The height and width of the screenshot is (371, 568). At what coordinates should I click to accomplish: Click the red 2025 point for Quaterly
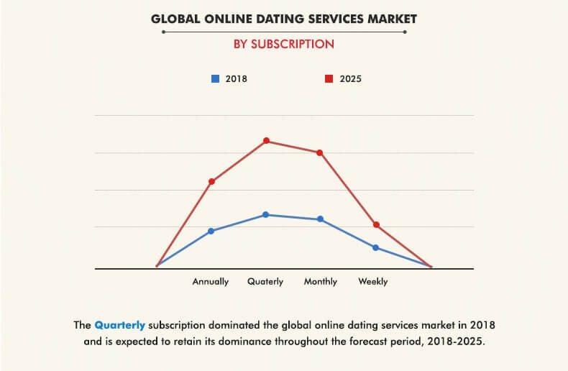[266, 141]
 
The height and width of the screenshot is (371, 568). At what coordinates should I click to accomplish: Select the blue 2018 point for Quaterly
[266, 214]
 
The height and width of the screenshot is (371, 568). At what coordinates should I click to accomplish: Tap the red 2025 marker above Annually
[211, 181]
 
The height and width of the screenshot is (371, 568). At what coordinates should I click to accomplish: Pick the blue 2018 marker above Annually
[211, 231]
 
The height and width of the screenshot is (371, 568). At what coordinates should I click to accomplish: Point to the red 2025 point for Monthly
[320, 152]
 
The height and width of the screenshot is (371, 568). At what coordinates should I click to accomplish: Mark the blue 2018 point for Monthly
[320, 219]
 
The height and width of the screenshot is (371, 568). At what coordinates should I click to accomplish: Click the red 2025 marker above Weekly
[376, 225]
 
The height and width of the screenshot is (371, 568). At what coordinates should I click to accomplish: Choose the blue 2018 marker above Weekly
[376, 247]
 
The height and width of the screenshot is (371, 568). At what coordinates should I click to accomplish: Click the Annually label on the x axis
[211, 282]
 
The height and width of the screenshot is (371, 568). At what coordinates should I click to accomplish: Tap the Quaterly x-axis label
[265, 282]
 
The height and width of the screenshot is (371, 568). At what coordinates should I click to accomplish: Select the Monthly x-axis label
[321, 282]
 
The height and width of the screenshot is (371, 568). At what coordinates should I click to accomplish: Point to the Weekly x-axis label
[373, 282]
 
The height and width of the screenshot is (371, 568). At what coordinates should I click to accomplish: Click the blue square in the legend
[214, 78]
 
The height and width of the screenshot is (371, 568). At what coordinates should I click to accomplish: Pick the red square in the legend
[328, 78]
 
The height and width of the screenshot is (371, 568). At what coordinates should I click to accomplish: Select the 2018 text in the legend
[236, 79]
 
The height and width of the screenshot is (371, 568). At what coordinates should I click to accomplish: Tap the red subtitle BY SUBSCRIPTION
[284, 44]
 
